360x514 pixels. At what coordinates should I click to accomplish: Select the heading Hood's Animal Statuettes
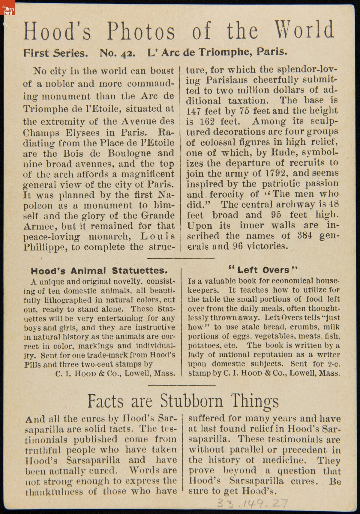[x=99, y=271]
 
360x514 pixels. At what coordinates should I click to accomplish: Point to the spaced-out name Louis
[x=157, y=236]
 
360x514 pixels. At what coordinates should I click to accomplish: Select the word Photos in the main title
[x=141, y=31]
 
